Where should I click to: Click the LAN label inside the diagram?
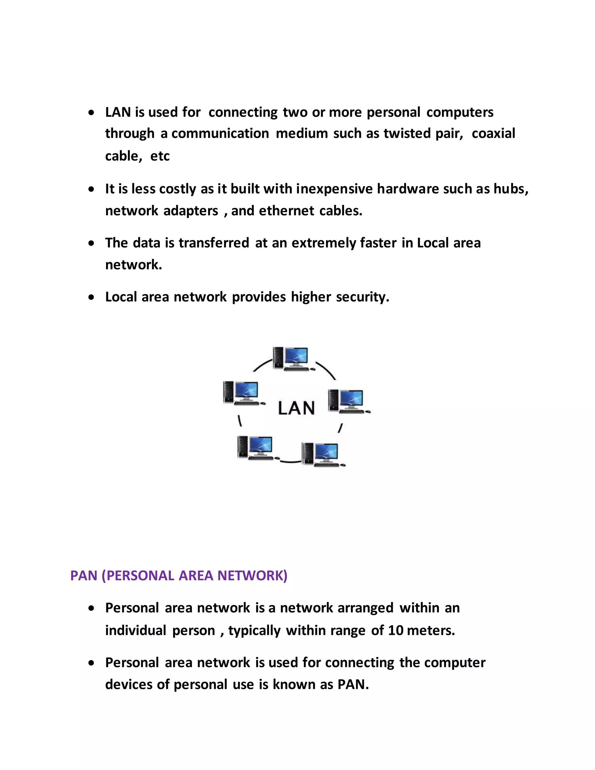pyautogui.click(x=296, y=408)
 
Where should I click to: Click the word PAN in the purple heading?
pyautogui.click(x=84, y=576)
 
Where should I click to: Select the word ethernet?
pyautogui.click(x=286, y=211)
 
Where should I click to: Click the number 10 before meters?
pyautogui.click(x=395, y=631)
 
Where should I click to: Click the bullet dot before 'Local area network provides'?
pyautogui.click(x=92, y=298)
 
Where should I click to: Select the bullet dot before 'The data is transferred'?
pyautogui.click(x=92, y=243)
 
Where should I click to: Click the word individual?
pyautogui.click(x=136, y=631)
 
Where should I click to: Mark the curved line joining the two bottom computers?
pyautogui.click(x=291, y=461)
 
